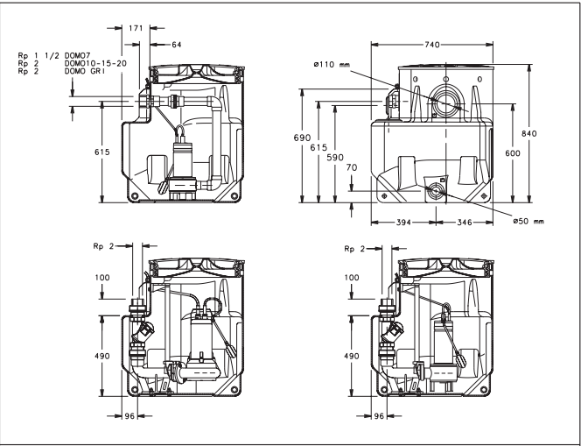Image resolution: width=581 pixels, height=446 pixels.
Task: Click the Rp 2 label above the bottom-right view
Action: click(355, 250)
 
